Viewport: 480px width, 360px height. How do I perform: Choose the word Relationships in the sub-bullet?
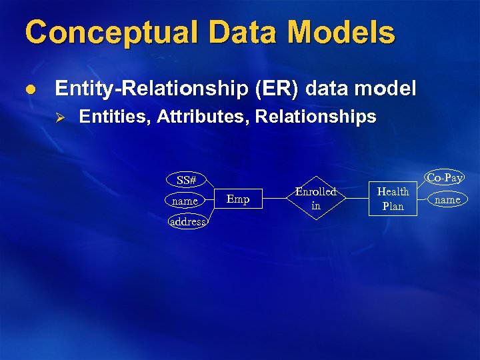[x=316, y=117]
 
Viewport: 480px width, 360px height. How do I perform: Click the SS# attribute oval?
[x=187, y=180]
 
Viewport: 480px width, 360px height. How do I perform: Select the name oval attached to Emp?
[x=185, y=201]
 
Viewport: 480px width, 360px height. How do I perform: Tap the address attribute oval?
[x=188, y=221]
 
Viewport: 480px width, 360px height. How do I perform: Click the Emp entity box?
[x=238, y=199]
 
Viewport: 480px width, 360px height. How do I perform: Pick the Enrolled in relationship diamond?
[x=316, y=199]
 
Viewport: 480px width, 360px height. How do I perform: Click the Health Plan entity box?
[x=393, y=199]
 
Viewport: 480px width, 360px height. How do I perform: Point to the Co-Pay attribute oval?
[x=445, y=178]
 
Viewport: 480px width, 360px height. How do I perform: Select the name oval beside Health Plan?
[x=447, y=199]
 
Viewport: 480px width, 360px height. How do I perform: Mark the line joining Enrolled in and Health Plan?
[x=355, y=199]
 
